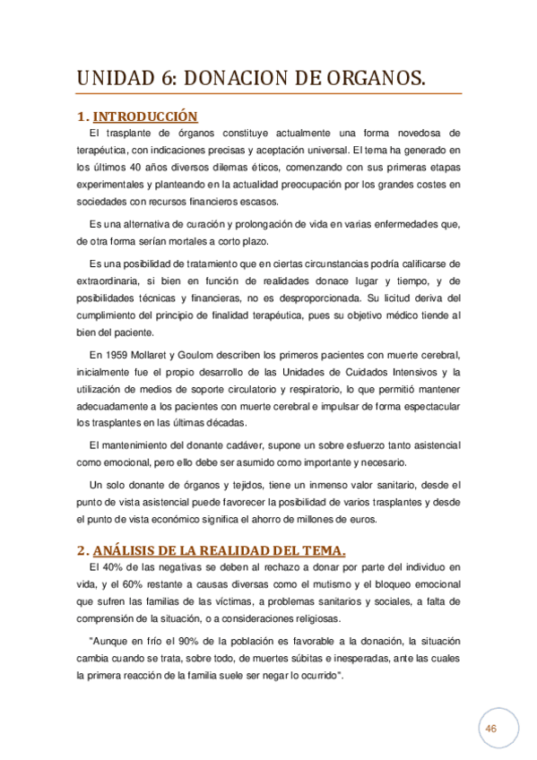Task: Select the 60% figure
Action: (121, 584)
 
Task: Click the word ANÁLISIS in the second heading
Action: (126, 549)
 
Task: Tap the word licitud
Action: (399, 298)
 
